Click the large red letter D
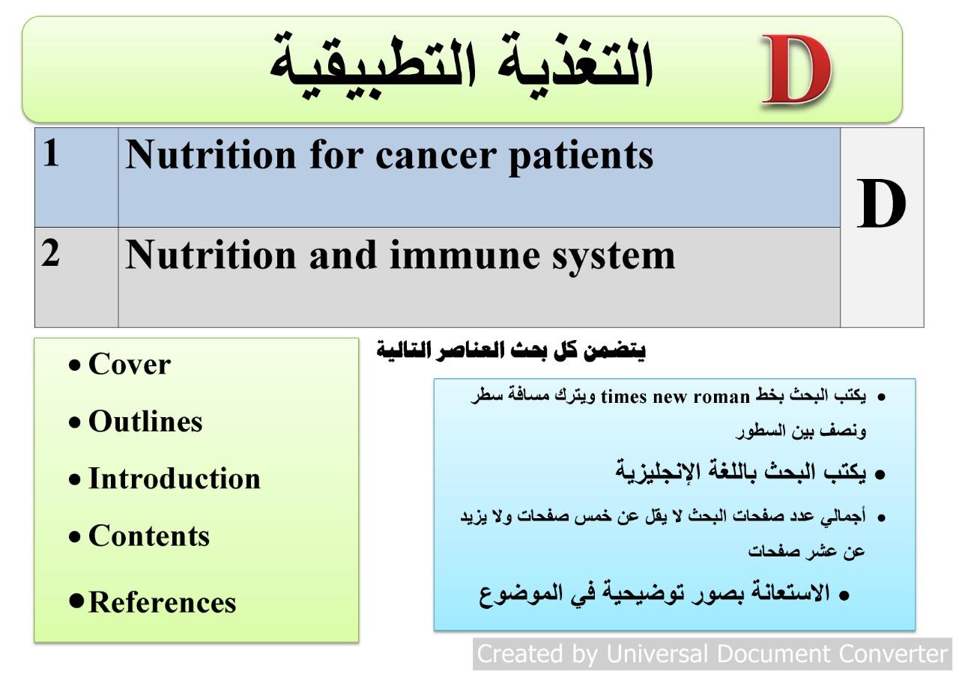[796, 70]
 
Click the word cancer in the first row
[436, 156]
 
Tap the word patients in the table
[581, 157]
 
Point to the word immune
[465, 255]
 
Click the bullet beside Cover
[74, 365]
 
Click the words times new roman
[675, 397]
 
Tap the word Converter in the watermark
[892, 654]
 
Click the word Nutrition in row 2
[211, 255]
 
